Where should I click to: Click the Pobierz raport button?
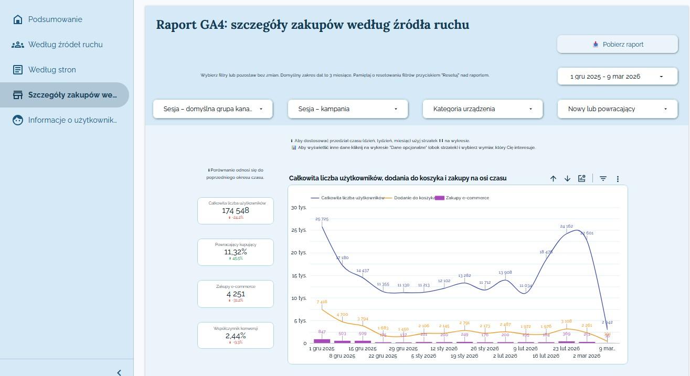click(x=617, y=45)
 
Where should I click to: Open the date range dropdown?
click(x=617, y=77)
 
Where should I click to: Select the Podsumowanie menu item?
click(x=55, y=19)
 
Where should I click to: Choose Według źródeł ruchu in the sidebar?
click(x=65, y=45)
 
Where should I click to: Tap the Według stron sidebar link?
click(x=52, y=70)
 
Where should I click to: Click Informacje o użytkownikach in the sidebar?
click(x=72, y=120)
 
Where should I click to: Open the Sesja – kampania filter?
click(x=347, y=109)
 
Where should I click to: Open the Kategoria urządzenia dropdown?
click(x=482, y=109)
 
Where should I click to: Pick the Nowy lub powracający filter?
click(x=617, y=109)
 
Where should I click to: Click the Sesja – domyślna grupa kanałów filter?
click(x=213, y=109)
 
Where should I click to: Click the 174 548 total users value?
click(x=236, y=210)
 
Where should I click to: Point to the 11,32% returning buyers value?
click(x=236, y=252)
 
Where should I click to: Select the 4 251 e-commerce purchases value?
click(x=236, y=294)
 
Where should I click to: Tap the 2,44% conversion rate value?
click(x=236, y=336)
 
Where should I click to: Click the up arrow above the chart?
click(x=553, y=179)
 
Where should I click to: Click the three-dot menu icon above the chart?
click(x=618, y=179)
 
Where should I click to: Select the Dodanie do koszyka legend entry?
click(x=414, y=198)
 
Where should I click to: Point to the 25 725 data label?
click(x=322, y=219)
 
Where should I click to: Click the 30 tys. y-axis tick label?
click(x=299, y=208)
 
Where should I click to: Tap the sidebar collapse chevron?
click(x=119, y=372)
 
